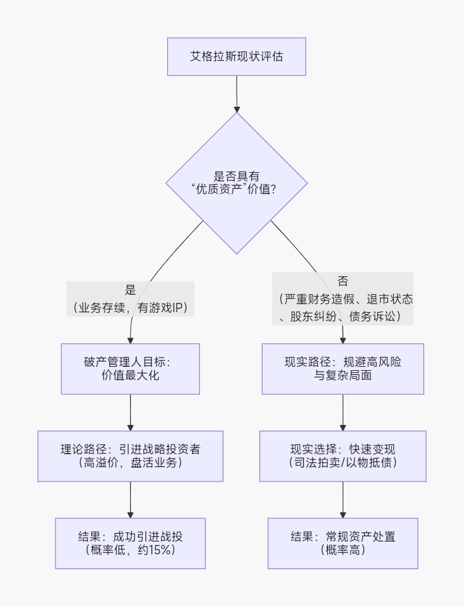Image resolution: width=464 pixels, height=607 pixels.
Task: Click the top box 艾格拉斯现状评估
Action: tap(236, 57)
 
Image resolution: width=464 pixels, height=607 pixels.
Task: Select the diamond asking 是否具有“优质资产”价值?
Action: tap(236, 183)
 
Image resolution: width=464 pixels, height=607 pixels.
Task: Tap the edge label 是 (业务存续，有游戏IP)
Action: tap(131, 299)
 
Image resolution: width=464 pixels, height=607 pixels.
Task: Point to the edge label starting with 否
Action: tap(343, 299)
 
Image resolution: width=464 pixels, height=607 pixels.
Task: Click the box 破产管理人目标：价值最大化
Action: tap(131, 369)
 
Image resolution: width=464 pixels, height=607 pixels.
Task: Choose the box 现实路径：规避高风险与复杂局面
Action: tap(343, 369)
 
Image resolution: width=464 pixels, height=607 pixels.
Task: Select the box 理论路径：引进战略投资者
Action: tap(131, 456)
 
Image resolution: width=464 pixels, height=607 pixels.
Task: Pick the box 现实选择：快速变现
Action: tap(343, 456)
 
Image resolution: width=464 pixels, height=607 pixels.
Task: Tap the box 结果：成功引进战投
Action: tap(131, 543)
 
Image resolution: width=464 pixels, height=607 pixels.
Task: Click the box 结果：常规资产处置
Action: tap(343, 543)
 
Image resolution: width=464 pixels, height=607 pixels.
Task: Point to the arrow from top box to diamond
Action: tap(236, 93)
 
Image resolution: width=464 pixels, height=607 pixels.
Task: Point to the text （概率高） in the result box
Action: tap(343, 550)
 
